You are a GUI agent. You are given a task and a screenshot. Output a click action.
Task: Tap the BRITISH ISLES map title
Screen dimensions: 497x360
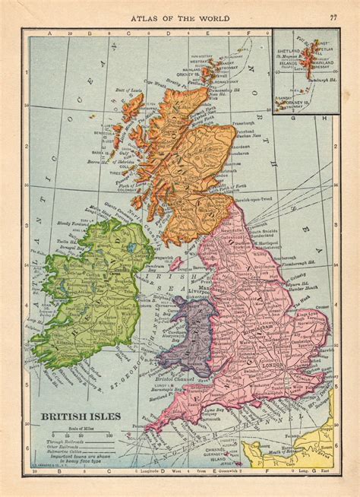coord(74,416)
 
